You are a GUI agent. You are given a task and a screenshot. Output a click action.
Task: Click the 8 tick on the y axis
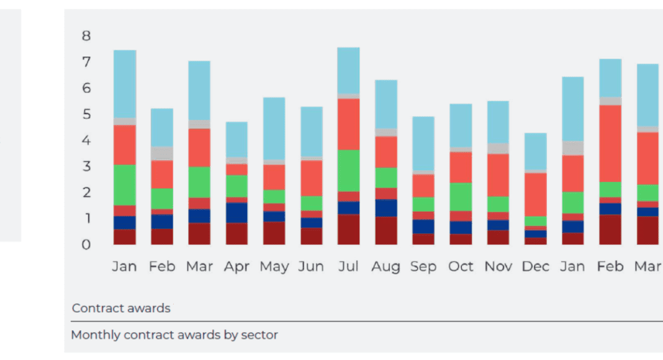(86, 36)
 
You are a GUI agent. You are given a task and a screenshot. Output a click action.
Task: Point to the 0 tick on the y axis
(86, 245)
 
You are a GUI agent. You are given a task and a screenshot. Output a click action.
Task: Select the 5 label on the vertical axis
(86, 114)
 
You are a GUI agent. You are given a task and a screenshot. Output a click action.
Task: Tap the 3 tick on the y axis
(86, 166)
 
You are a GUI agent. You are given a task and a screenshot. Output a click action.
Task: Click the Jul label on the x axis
(348, 266)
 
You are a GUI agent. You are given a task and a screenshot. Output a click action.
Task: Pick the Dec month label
(535, 266)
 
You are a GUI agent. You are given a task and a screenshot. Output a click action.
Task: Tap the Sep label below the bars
(423, 266)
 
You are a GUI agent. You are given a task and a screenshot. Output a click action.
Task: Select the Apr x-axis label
(236, 266)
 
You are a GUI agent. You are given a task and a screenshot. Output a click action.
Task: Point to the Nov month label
(497, 266)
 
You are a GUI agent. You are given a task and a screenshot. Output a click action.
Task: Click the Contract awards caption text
(121, 308)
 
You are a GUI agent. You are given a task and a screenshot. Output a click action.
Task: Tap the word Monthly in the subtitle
(96, 335)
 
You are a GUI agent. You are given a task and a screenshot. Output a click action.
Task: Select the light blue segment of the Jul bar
(348, 70)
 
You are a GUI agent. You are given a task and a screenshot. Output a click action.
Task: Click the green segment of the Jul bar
(348, 171)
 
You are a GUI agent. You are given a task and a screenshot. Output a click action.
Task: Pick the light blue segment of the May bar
(273, 128)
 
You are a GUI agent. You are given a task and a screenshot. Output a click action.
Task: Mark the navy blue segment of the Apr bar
(236, 213)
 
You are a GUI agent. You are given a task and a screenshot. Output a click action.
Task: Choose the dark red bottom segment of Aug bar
(386, 230)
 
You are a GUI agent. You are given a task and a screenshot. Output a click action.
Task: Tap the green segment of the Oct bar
(460, 197)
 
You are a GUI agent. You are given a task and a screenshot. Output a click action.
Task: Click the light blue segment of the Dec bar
(535, 151)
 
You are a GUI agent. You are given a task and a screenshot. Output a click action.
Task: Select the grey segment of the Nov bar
(497, 149)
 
